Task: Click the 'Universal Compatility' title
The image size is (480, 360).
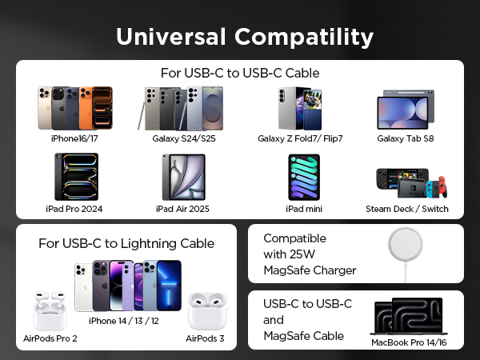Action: click(x=244, y=37)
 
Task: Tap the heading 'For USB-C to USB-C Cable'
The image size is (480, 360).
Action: click(x=240, y=73)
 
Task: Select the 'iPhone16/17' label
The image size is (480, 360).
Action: click(x=74, y=138)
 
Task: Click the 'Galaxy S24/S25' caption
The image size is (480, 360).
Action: click(x=183, y=138)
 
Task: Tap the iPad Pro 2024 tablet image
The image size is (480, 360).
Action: click(x=76, y=177)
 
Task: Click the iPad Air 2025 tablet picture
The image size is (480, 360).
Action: click(x=183, y=177)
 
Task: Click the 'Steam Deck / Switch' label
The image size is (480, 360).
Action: click(x=407, y=209)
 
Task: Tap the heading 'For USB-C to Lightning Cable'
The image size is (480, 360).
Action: click(x=126, y=243)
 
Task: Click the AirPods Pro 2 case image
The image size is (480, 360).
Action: click(x=50, y=312)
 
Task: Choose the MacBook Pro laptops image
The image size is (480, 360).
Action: click(x=406, y=317)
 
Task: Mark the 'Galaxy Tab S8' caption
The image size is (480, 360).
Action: click(x=407, y=138)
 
